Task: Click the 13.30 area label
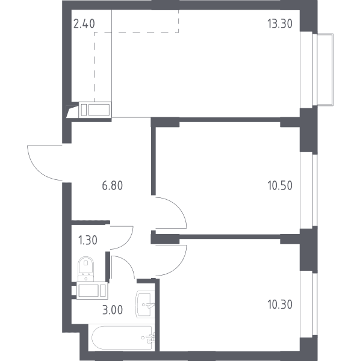coord(280,23)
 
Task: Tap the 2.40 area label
coord(84,23)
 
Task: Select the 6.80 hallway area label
coord(113,185)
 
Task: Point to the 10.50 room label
coord(280,185)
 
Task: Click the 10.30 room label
coord(280,304)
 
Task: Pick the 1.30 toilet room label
coord(88,240)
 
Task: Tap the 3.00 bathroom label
coord(113,310)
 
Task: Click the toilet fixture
coord(86,269)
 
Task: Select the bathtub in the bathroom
coord(122,338)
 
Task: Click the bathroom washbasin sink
coord(145,304)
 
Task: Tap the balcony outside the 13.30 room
coord(324,70)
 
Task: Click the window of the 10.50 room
coord(309,190)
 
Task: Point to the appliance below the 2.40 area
coord(95,110)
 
